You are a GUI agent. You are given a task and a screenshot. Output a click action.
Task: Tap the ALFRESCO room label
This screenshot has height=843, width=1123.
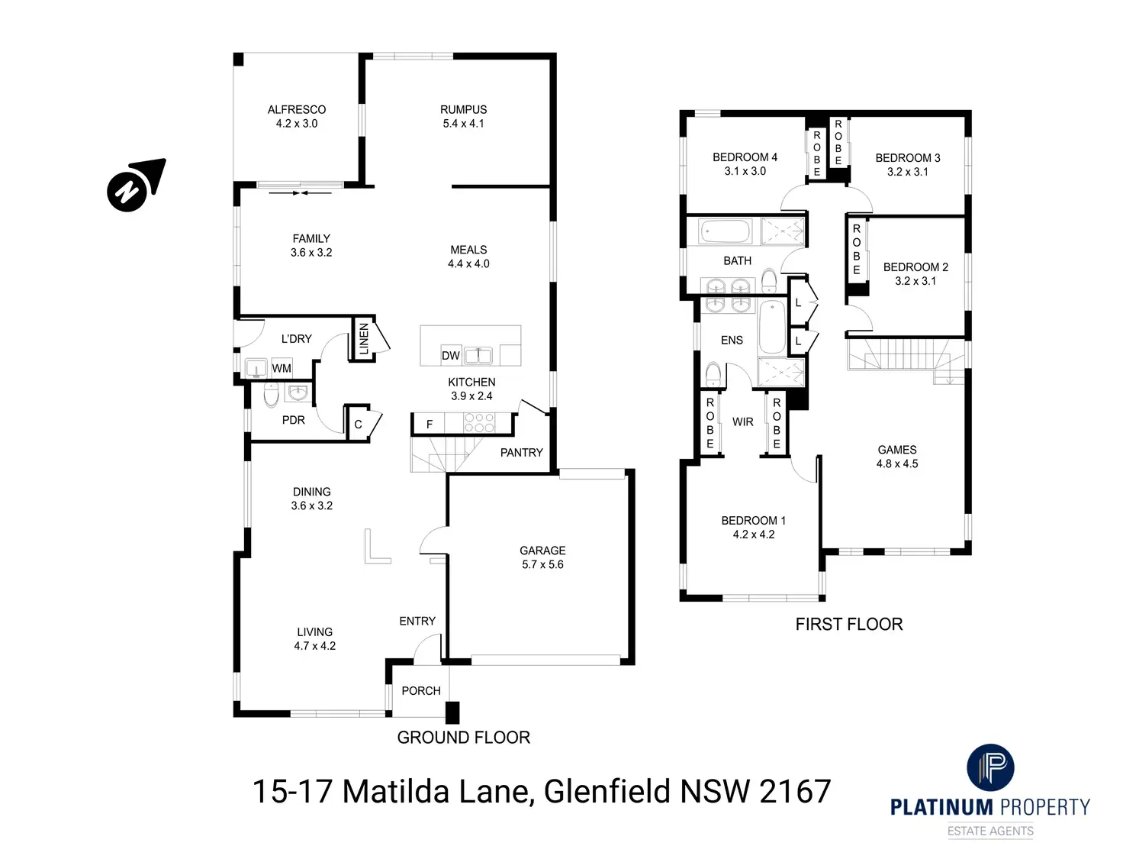(x=297, y=110)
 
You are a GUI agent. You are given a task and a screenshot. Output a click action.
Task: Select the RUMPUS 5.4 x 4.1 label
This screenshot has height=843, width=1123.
(x=463, y=117)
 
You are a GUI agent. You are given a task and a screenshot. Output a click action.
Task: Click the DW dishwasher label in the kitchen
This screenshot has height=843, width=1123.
(x=451, y=355)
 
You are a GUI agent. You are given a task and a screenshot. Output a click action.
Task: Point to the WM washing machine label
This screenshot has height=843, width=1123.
(x=282, y=368)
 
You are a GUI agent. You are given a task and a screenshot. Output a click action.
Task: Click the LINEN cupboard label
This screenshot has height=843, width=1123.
(x=364, y=338)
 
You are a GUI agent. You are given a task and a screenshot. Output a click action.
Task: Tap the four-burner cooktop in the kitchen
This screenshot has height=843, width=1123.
(x=479, y=423)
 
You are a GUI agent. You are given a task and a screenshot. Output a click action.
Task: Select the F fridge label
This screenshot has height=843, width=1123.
(x=430, y=425)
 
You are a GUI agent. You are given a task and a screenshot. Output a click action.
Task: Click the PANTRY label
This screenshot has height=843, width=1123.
(x=521, y=453)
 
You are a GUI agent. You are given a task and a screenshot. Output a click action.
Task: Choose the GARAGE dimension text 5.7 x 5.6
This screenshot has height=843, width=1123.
(x=542, y=565)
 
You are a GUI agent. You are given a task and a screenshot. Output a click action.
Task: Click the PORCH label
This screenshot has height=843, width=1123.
(x=421, y=691)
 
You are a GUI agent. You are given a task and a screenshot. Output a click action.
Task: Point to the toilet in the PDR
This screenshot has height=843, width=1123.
(x=271, y=395)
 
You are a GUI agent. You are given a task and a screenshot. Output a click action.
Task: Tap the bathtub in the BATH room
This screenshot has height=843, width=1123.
(x=726, y=231)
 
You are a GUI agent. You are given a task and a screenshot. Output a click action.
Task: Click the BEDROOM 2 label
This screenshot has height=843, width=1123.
(x=915, y=267)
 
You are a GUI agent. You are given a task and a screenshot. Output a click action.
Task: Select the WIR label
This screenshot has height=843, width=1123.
(x=742, y=421)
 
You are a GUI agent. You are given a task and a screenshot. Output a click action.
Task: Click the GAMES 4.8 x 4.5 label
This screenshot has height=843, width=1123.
(x=897, y=457)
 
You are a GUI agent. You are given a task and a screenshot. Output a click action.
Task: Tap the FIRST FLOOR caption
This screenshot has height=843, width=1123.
(x=849, y=625)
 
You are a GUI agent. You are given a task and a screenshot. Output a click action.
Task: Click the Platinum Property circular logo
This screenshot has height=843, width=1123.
(x=990, y=767)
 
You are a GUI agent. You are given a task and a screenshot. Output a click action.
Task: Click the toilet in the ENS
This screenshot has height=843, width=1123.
(x=713, y=375)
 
